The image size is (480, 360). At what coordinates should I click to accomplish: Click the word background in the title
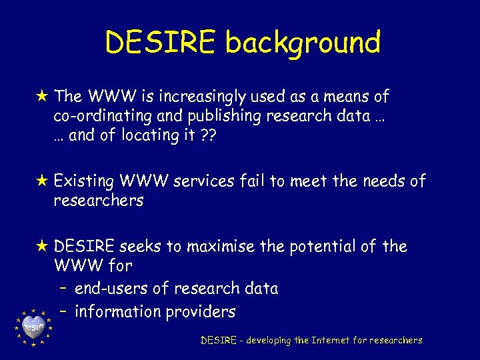pos(303,43)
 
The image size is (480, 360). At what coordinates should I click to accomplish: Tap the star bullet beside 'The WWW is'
pos(42,96)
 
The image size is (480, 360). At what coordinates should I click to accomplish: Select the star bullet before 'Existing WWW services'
pos(42,181)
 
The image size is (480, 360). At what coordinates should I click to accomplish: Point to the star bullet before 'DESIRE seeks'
pos(42,246)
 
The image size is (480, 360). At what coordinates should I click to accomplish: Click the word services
pos(203,181)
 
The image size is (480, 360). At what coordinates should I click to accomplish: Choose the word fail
pos(253,181)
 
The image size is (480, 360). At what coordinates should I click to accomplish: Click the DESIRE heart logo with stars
pos(33,327)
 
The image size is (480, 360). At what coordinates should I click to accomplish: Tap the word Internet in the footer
pos(330,341)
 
